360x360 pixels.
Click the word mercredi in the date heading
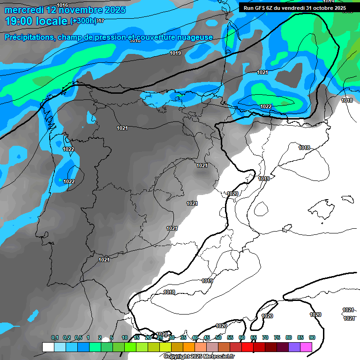coord(23,10)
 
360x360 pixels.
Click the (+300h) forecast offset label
coord(83,21)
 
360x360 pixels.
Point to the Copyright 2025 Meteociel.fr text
coord(199,357)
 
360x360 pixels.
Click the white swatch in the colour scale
coord(48,347)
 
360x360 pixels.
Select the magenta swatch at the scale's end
coord(306,347)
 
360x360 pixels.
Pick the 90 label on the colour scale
coord(312,337)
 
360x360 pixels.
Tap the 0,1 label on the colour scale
coord(55,337)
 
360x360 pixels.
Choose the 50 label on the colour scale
coord(218,337)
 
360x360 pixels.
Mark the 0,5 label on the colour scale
coord(78,337)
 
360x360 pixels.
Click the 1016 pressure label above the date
coord(62,5)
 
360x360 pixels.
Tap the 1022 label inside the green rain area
coord(265,106)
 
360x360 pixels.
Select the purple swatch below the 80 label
coord(294,347)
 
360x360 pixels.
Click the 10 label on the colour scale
coord(125,337)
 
